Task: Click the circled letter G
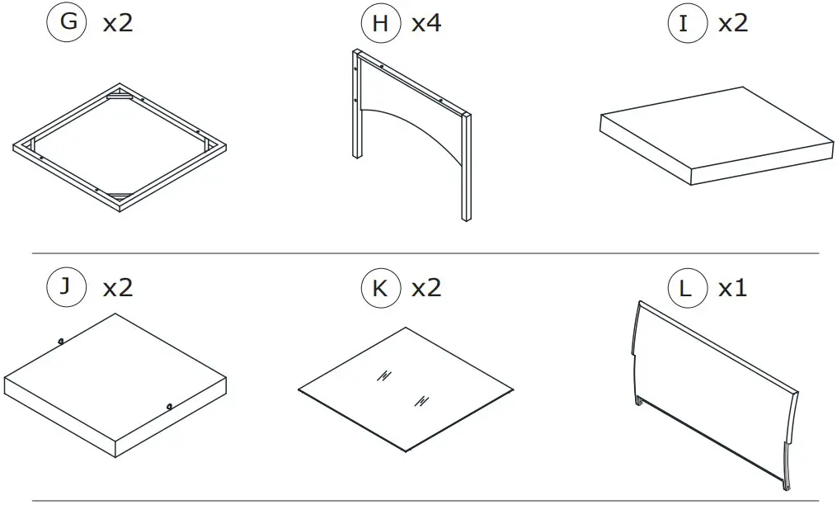68,22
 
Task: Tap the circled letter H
379,23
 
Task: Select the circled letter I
684,23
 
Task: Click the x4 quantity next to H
426,23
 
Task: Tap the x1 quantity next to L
732,288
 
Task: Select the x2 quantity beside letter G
117,23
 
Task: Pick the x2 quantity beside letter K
426,288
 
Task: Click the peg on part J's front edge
168,405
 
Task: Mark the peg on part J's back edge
62,341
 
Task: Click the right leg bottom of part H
467,216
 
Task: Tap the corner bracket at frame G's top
120,97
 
